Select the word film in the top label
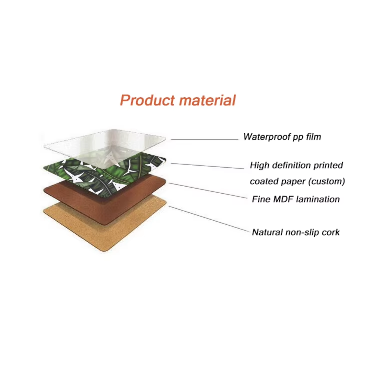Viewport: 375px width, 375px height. tap(313, 137)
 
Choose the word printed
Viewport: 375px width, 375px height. tap(328, 165)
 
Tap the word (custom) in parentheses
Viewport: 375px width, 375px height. tap(327, 181)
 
